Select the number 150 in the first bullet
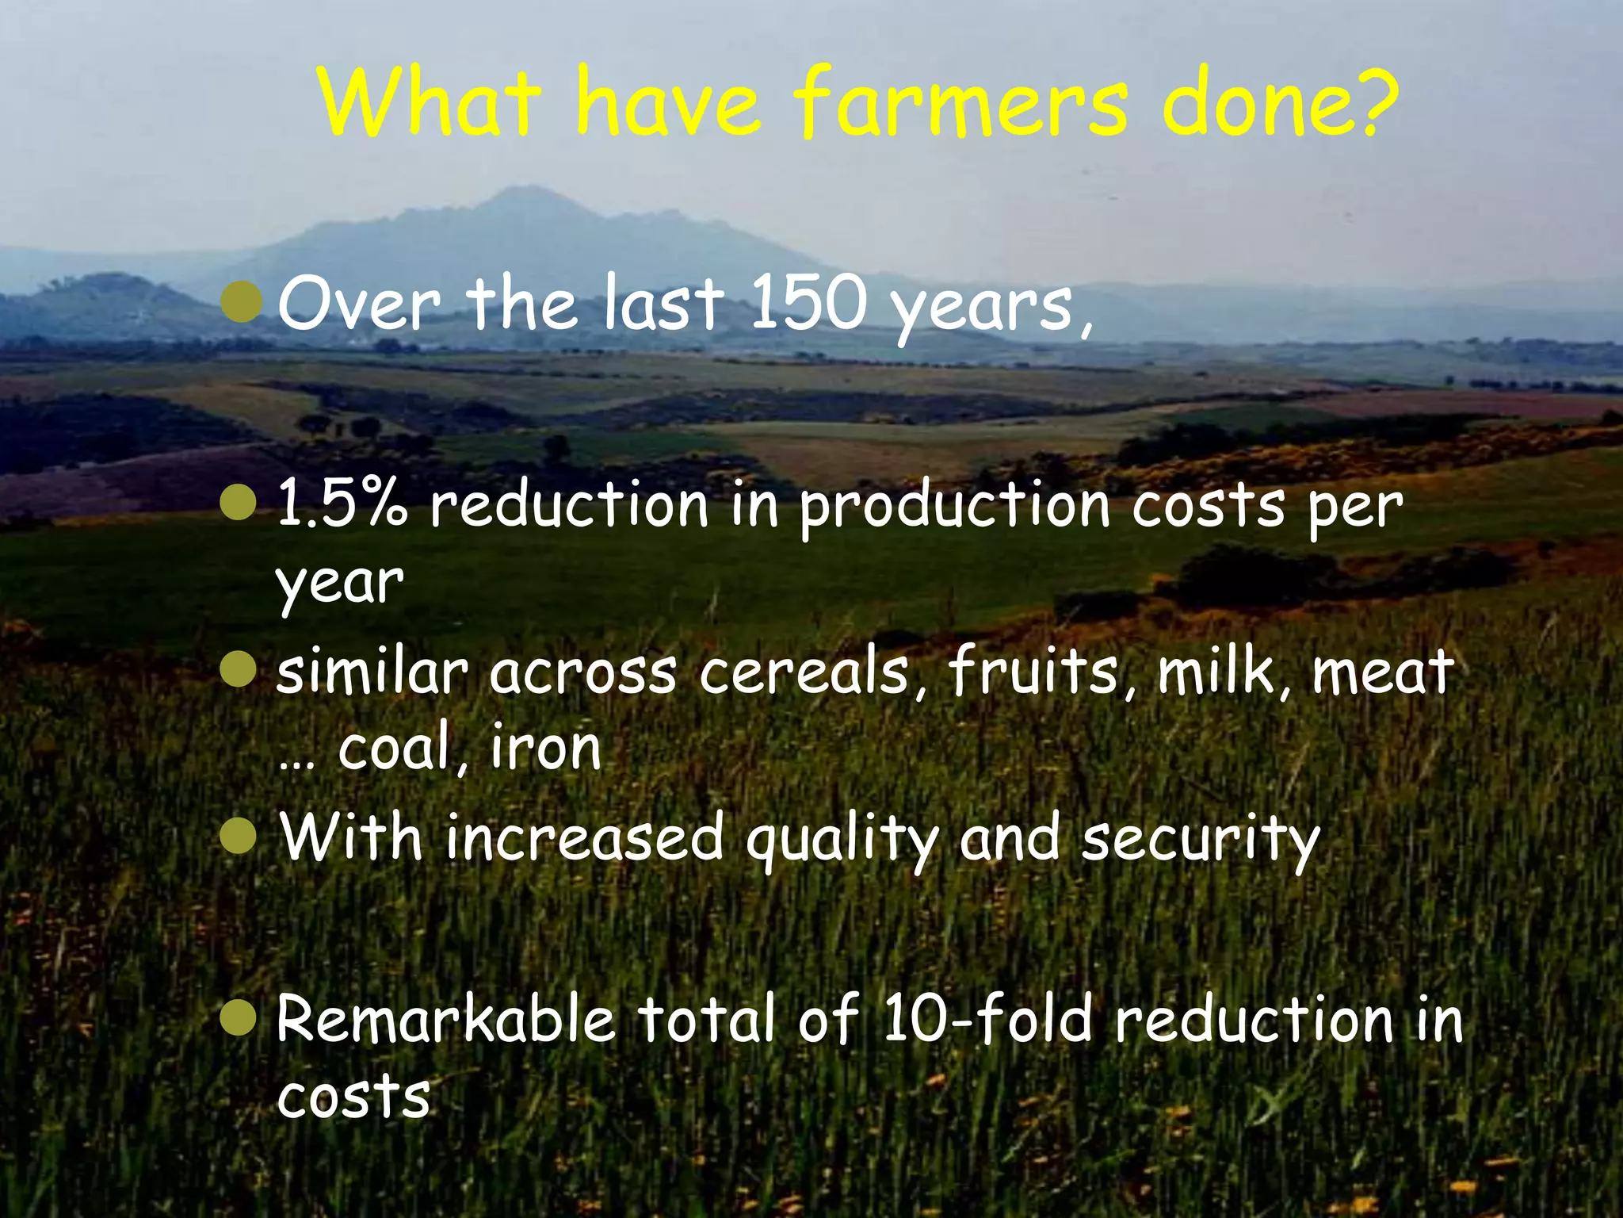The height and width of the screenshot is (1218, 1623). pyautogui.click(x=807, y=303)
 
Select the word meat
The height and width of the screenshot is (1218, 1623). pyautogui.click(x=1383, y=672)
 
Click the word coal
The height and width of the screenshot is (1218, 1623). pyautogui.click(x=394, y=747)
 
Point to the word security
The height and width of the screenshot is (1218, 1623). pyautogui.click(x=1200, y=841)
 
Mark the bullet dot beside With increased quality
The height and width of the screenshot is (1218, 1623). pyautogui.click(x=239, y=838)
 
